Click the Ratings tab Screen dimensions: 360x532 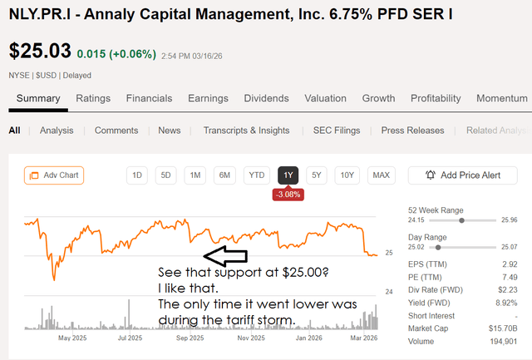[93, 98]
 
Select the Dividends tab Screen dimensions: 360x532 [266, 98]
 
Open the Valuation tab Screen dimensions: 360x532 [325, 98]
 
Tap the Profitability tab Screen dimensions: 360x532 [435, 98]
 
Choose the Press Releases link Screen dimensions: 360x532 [412, 131]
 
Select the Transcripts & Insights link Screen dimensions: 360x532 [246, 131]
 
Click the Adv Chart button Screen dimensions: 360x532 [54, 175]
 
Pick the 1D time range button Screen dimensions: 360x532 [137, 175]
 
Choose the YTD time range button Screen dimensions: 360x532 [257, 175]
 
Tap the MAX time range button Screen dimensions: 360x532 [382, 175]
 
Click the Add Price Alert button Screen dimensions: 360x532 [462, 175]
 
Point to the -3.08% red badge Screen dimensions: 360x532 [288, 195]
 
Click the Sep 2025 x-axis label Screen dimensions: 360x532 [190, 338]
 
